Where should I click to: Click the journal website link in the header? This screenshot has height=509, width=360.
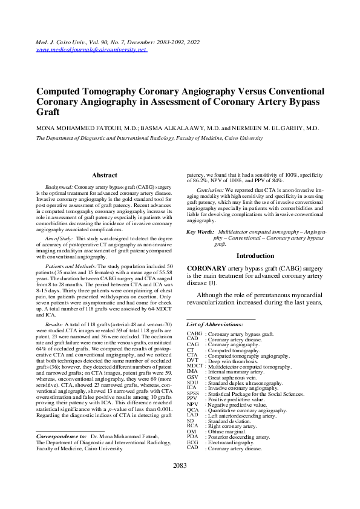coord(91,49)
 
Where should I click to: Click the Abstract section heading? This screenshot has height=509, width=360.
coord(104,175)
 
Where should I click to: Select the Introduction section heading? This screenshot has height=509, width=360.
coord(255,256)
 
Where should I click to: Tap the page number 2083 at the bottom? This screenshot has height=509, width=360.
coord(180,482)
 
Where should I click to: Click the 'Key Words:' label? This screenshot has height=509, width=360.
coord(200,232)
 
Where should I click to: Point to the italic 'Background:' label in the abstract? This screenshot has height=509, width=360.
coord(59,188)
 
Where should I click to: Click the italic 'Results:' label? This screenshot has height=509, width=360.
coord(56,324)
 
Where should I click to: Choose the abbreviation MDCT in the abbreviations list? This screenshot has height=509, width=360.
coord(194,367)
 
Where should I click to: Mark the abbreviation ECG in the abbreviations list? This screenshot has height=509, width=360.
coord(192,443)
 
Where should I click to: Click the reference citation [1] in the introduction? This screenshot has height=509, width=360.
coord(212,283)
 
